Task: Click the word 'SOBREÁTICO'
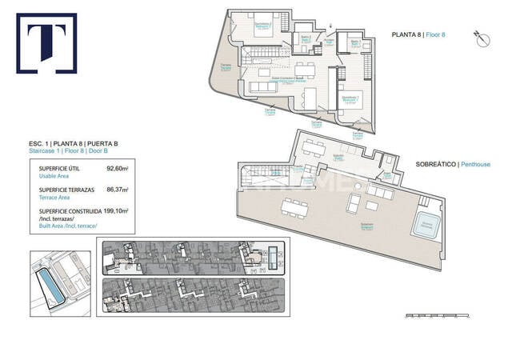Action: pyautogui.click(x=435, y=164)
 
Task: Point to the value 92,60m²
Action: pyautogui.click(x=117, y=169)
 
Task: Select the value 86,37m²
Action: pyautogui.click(x=117, y=190)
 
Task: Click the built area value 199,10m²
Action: pyautogui.click(x=115, y=211)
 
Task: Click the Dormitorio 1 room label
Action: pyautogui.click(x=350, y=98)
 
